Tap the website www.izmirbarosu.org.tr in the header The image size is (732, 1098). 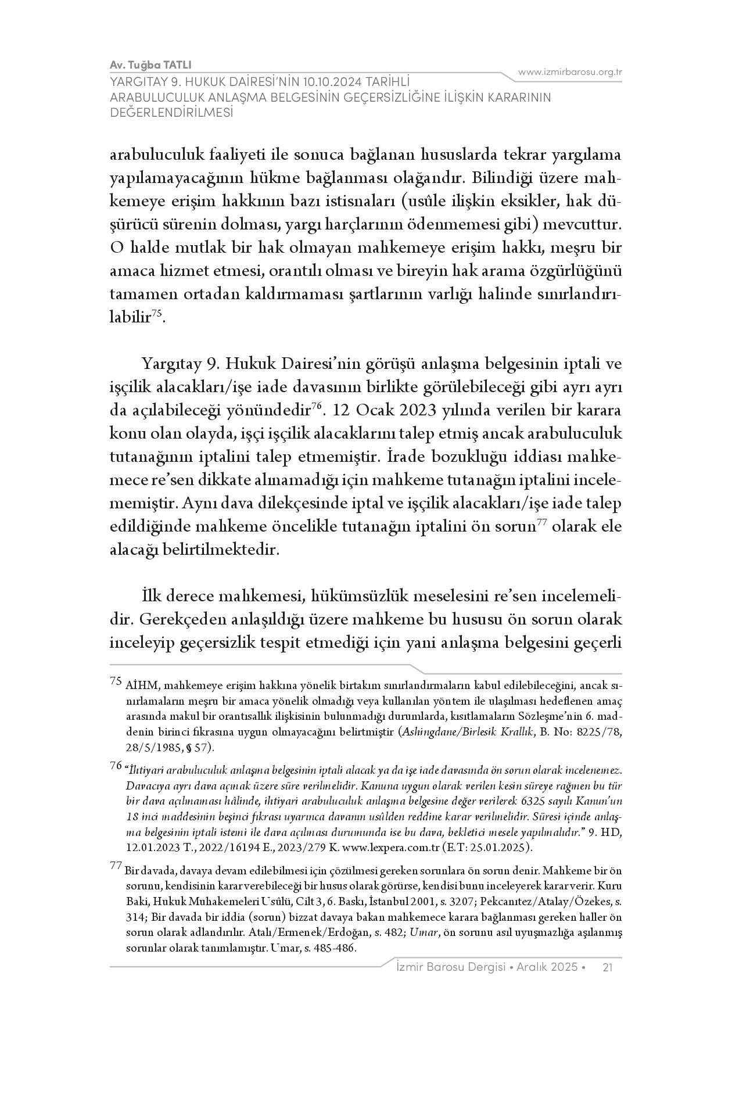(x=570, y=72)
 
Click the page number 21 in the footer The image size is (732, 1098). (x=608, y=967)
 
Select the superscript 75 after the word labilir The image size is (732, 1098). (x=157, y=314)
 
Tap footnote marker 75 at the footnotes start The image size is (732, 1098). (x=115, y=681)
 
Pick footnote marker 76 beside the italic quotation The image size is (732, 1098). (x=115, y=766)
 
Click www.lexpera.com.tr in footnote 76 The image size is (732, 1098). (x=390, y=847)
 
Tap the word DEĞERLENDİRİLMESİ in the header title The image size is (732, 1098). (x=171, y=113)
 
